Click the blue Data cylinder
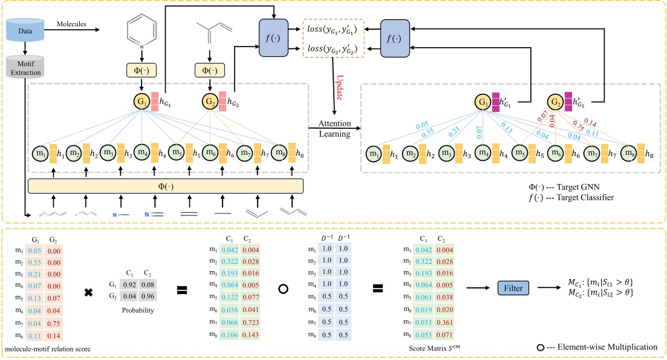click(x=25, y=29)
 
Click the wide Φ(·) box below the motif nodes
click(x=165, y=185)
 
